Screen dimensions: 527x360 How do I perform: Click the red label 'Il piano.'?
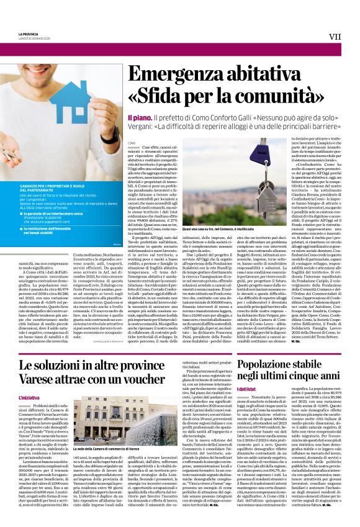138,117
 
